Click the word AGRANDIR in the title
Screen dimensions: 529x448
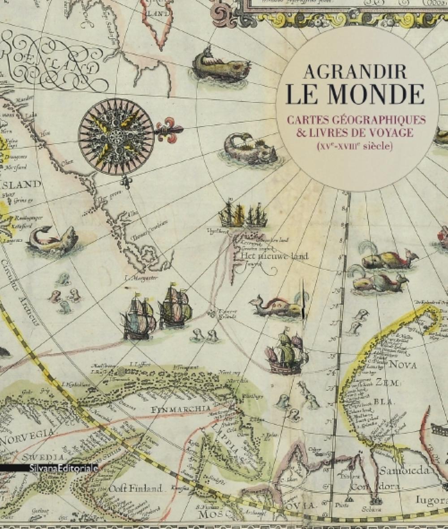point(356,72)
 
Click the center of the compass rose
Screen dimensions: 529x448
point(116,136)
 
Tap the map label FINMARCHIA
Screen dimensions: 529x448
point(181,409)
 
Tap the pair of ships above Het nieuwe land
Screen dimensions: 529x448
point(243,215)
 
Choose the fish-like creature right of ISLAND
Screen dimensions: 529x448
point(53,240)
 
